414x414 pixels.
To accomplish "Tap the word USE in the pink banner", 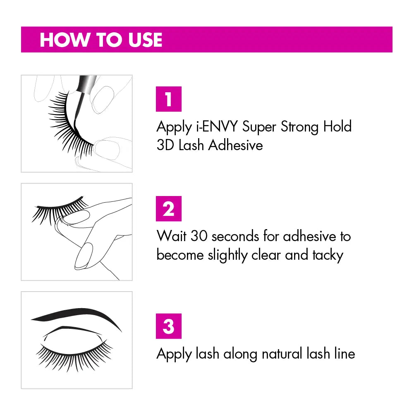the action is tap(145, 40).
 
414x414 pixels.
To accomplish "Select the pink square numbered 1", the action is tap(169, 99).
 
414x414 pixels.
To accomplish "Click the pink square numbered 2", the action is tap(169, 208).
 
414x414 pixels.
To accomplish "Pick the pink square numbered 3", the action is tap(169, 326).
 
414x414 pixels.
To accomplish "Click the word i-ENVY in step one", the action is tap(217, 127).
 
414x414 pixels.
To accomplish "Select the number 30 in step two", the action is tap(199, 236).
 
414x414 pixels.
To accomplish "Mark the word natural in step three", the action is tap(282, 354).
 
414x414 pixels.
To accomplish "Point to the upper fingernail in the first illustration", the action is tap(103, 100).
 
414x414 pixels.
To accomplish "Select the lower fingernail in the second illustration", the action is tap(84, 256).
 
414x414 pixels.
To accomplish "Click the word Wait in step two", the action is tap(172, 236).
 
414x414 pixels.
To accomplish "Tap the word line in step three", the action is tap(345, 354).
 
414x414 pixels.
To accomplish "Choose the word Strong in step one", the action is tap(300, 127).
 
